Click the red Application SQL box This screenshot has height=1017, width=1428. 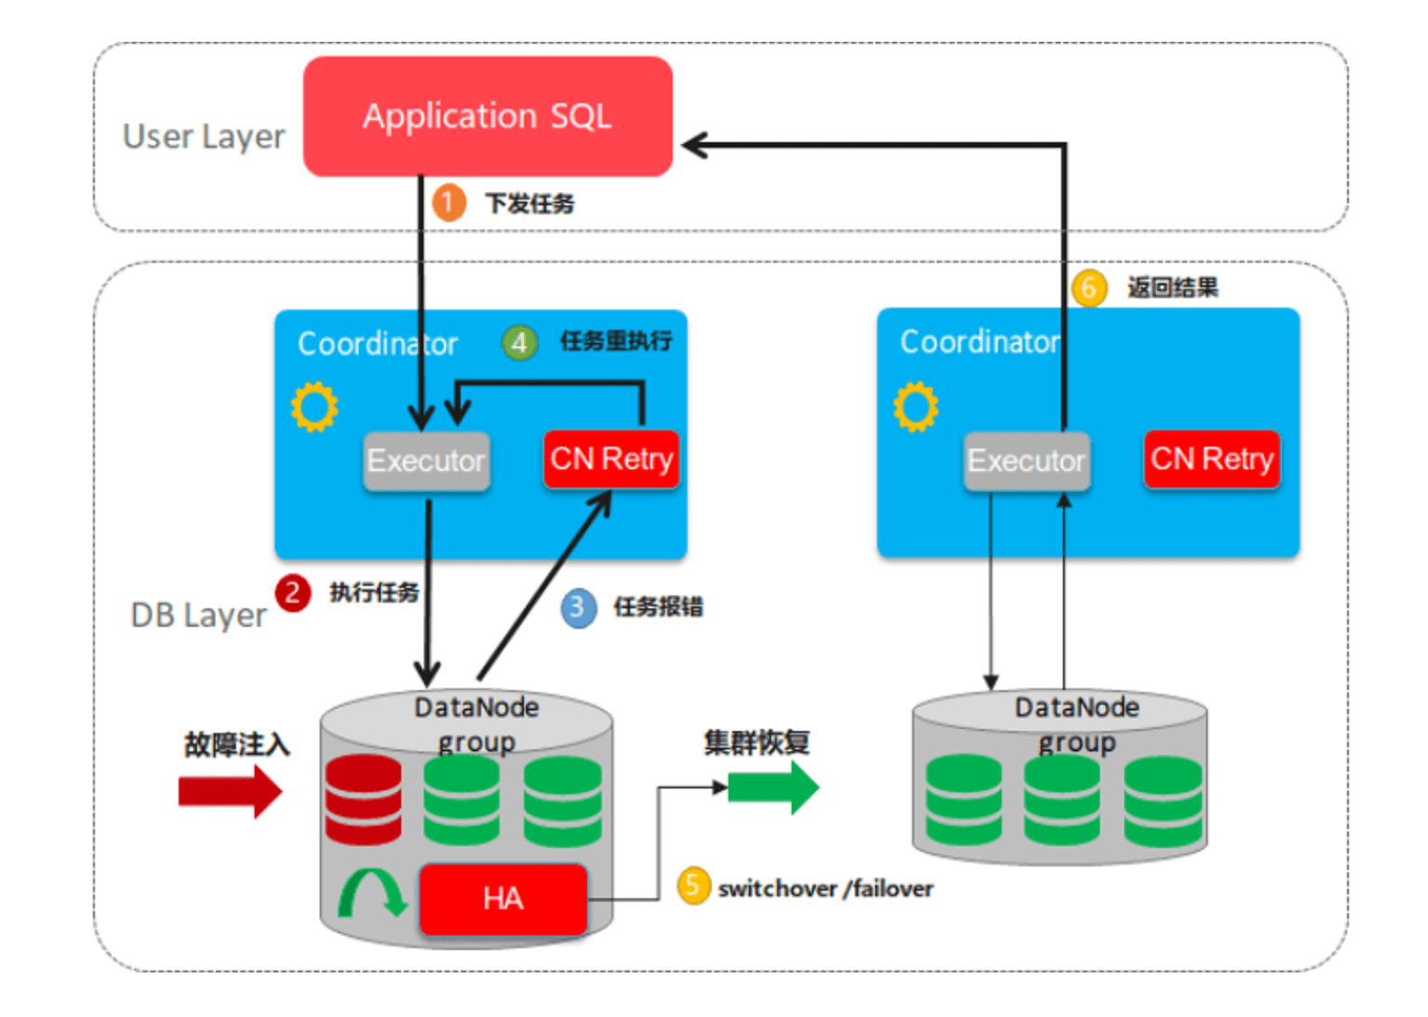487,117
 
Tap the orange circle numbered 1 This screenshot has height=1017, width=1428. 448,202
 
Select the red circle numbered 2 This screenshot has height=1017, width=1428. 293,592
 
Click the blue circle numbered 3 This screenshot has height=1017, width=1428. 578,607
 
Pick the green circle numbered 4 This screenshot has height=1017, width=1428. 519,343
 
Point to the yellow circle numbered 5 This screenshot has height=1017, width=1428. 693,886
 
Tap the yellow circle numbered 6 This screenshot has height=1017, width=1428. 1089,287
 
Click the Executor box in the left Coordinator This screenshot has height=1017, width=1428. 426,461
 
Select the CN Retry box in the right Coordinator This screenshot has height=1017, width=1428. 1212,459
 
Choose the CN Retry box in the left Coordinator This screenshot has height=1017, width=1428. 611,459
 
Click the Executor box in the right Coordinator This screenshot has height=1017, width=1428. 1027,461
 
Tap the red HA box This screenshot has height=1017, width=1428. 503,898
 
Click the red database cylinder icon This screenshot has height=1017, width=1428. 363,799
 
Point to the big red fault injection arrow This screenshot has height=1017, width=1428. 229,791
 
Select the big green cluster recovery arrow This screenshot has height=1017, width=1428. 773,788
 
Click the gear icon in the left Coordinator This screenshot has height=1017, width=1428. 314,407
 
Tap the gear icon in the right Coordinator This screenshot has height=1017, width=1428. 916,407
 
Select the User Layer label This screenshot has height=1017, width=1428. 203,137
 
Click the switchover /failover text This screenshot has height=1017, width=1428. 825,889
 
